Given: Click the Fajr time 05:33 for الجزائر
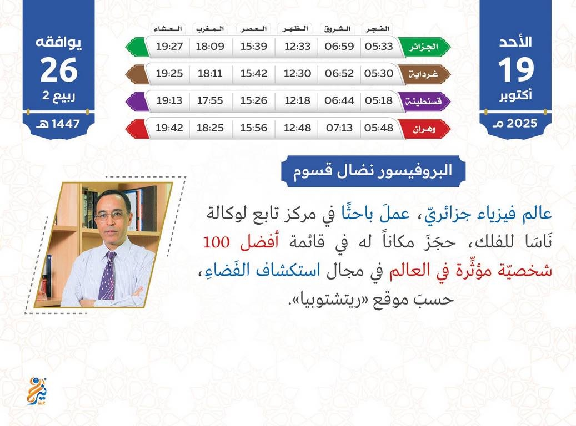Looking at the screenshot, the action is [x=379, y=46].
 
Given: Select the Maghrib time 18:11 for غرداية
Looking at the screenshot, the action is [x=210, y=73].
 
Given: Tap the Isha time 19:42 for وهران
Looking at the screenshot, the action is [x=169, y=128].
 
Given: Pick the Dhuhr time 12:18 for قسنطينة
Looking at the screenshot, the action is [x=297, y=100].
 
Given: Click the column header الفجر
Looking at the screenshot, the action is [x=377, y=29].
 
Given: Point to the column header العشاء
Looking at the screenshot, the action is [x=168, y=29].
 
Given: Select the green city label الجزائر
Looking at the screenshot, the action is [x=424, y=47].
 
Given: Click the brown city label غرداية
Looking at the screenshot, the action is [x=424, y=74].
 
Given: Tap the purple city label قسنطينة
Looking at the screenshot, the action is [x=424, y=101].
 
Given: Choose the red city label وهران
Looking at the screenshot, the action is [x=424, y=129].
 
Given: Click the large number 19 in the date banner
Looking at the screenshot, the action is [x=515, y=70].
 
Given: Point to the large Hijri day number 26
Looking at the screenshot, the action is [x=59, y=70].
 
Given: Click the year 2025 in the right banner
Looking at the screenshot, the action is [x=522, y=123].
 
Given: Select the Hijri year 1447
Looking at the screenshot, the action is [x=66, y=124].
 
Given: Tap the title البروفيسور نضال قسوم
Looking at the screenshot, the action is [x=373, y=171].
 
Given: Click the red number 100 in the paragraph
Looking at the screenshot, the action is [x=217, y=242].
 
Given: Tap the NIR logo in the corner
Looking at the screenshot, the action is [x=37, y=391].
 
